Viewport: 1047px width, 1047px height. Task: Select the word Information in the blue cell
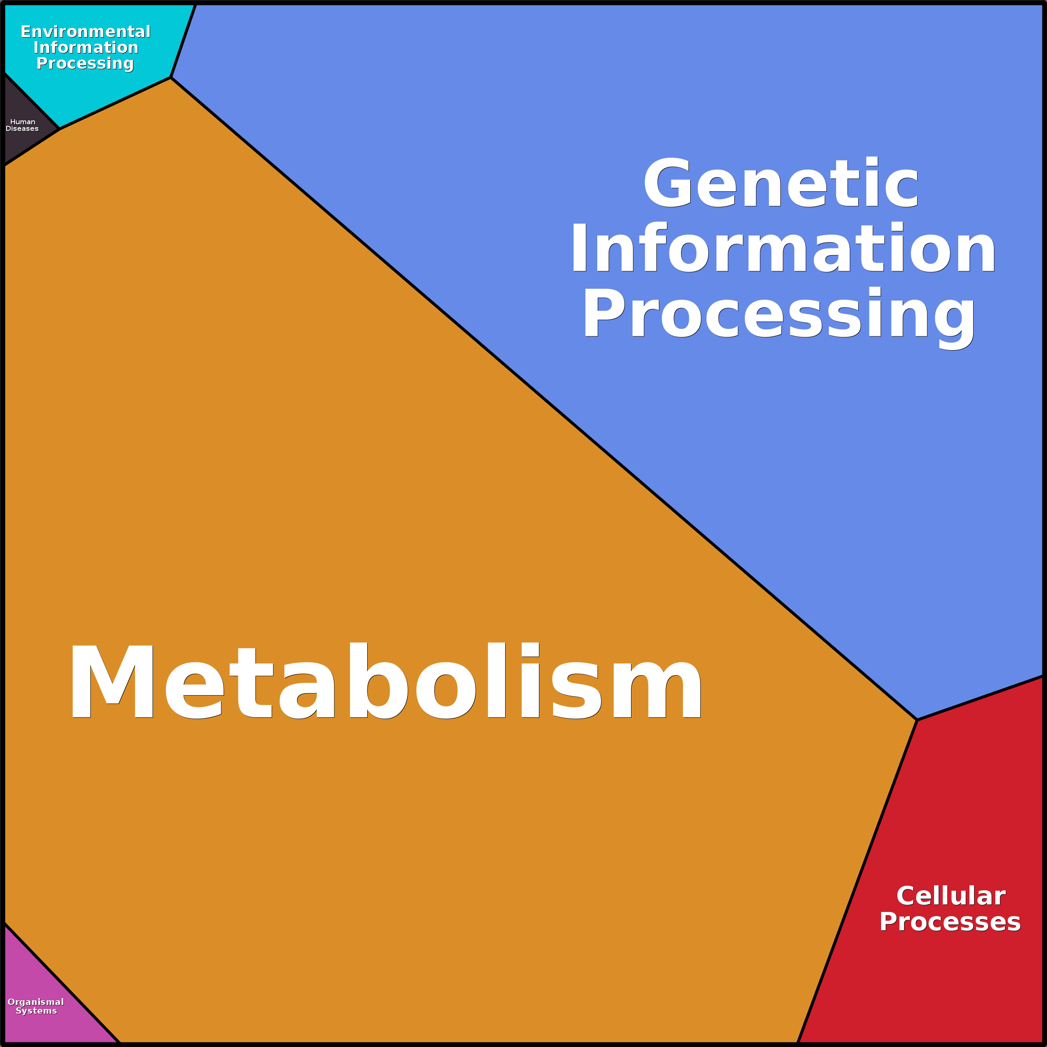click(x=783, y=247)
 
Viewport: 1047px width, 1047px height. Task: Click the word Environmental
click(x=85, y=31)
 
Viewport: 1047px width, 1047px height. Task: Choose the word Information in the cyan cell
click(x=85, y=47)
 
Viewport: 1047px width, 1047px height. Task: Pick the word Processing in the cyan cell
click(x=85, y=64)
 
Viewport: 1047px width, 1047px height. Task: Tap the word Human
click(x=23, y=122)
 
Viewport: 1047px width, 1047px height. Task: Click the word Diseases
click(x=22, y=128)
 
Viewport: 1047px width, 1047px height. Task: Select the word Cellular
click(x=951, y=896)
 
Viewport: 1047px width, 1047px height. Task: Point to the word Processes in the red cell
click(x=950, y=922)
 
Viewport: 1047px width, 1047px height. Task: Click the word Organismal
click(x=36, y=1002)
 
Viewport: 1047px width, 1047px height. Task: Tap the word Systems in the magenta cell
click(x=36, y=1011)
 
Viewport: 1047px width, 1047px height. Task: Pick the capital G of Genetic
click(x=668, y=183)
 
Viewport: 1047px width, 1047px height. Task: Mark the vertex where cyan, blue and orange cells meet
click(x=171, y=78)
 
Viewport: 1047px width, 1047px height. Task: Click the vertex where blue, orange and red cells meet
click(x=917, y=720)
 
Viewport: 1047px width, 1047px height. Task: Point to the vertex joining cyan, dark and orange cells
click(x=60, y=129)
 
